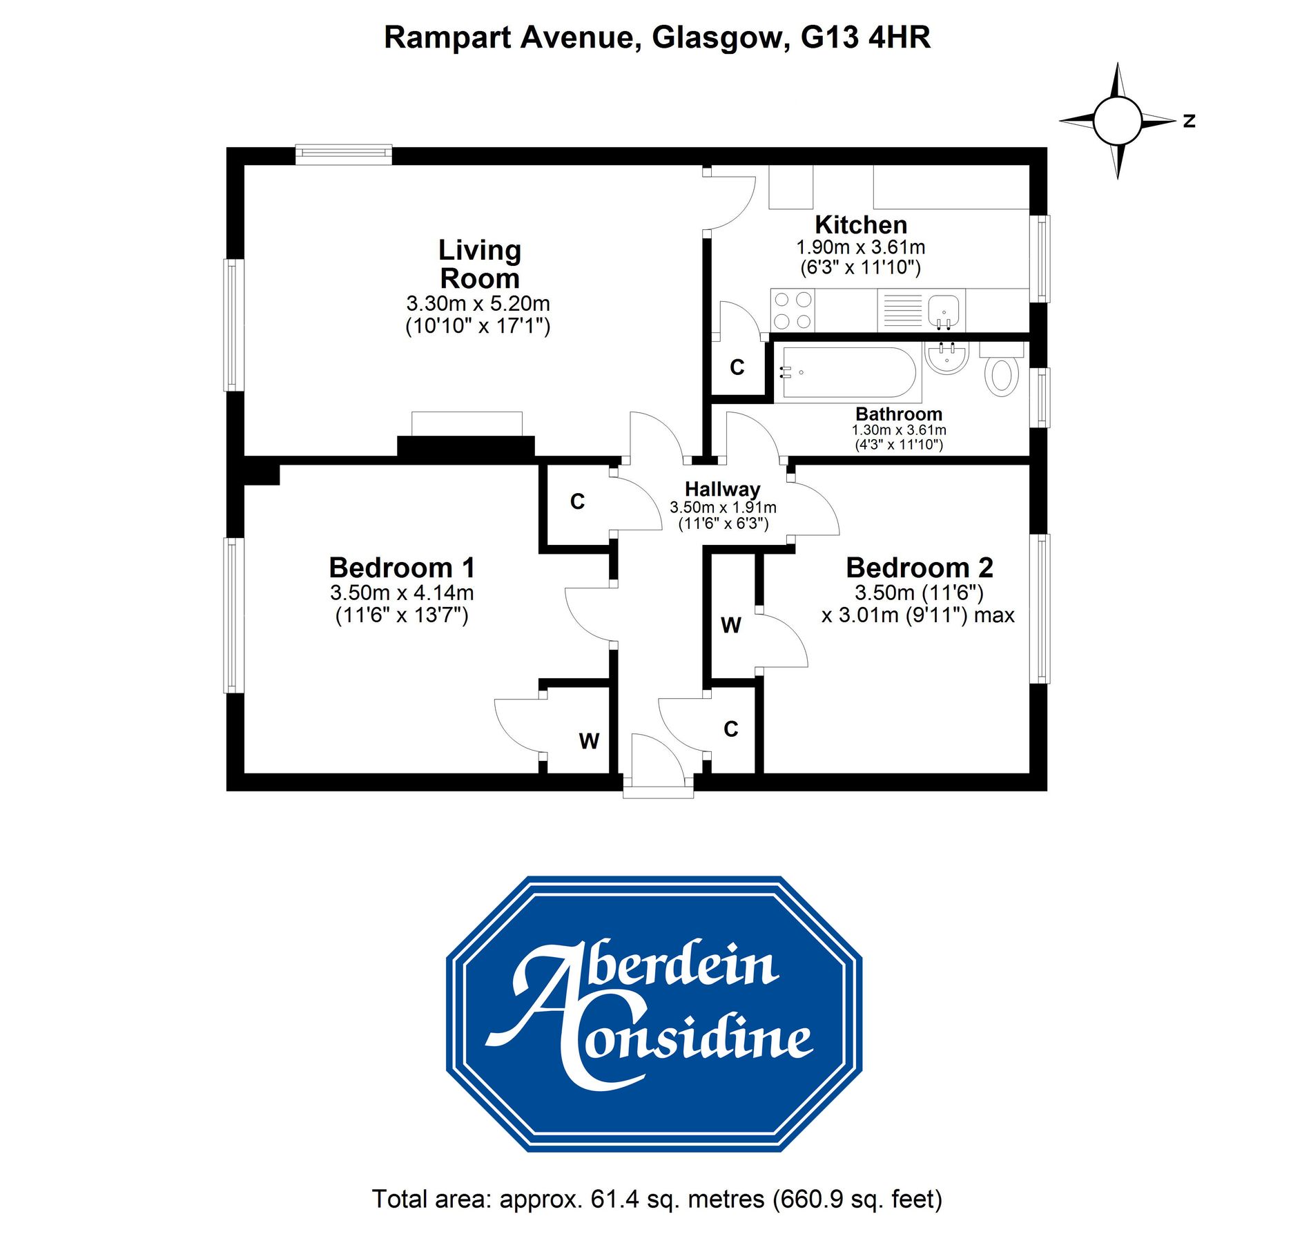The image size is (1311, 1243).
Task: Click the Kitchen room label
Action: (860, 225)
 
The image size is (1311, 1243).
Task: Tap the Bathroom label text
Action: (898, 414)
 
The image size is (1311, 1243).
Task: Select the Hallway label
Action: (722, 489)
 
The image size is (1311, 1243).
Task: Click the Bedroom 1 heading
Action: (402, 568)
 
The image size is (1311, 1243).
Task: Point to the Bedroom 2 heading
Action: (919, 568)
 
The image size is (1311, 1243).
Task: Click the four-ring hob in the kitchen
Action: (793, 310)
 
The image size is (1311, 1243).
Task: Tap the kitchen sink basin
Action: (943, 310)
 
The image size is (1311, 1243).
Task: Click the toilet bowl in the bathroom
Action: (1002, 376)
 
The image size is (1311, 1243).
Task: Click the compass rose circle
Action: (1117, 121)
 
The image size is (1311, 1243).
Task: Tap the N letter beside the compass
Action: (1189, 121)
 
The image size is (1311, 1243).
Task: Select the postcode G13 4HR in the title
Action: (865, 37)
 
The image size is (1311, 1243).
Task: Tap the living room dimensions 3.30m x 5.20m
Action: (478, 303)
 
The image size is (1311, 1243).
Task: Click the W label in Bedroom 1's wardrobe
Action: (589, 741)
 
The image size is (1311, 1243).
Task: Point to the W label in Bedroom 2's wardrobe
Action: (731, 625)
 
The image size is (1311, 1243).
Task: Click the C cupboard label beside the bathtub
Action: (737, 367)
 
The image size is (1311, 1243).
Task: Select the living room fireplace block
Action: (466, 446)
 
